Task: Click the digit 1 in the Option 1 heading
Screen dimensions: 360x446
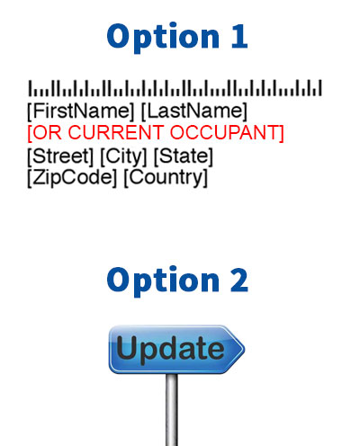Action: [x=239, y=37]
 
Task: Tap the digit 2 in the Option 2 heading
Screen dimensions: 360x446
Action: [x=239, y=280]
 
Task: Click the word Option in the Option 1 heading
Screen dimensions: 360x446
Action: [x=163, y=38]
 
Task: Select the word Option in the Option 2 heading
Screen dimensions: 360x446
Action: [x=163, y=281]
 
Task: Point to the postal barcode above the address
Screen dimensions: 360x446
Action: [x=175, y=88]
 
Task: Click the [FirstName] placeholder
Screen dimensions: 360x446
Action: [x=81, y=111]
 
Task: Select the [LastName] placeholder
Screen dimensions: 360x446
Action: [x=194, y=111]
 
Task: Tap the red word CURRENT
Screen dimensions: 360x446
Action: [x=116, y=132]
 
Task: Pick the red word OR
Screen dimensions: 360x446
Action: [x=45, y=132]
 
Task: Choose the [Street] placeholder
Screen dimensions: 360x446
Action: [x=60, y=156]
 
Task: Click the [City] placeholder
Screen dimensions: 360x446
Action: [x=123, y=156]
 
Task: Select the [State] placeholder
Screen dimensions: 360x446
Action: [x=184, y=156]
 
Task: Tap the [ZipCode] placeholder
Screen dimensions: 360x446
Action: [x=72, y=178]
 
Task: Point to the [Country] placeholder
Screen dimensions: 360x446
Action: [x=166, y=178]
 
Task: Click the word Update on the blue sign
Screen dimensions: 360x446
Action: [x=170, y=349]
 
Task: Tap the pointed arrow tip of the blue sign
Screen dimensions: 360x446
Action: [x=244, y=349]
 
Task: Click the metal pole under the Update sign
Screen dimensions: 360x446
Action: [x=172, y=410]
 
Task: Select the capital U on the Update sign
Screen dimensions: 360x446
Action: [x=128, y=347]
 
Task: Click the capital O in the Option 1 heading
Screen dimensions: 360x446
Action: [x=120, y=37]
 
